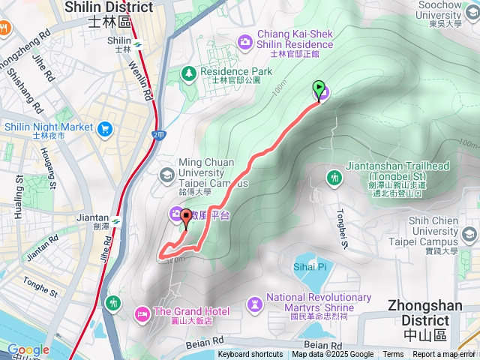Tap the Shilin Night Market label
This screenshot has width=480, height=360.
(x=48, y=127)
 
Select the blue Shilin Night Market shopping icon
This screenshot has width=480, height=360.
(x=103, y=129)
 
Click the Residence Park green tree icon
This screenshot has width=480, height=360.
(x=188, y=73)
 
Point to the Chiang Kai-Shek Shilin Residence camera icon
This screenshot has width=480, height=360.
(x=245, y=40)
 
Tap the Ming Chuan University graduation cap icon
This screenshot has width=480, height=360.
(x=166, y=175)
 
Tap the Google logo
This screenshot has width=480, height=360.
(x=28, y=349)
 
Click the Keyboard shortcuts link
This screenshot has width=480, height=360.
(x=250, y=355)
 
